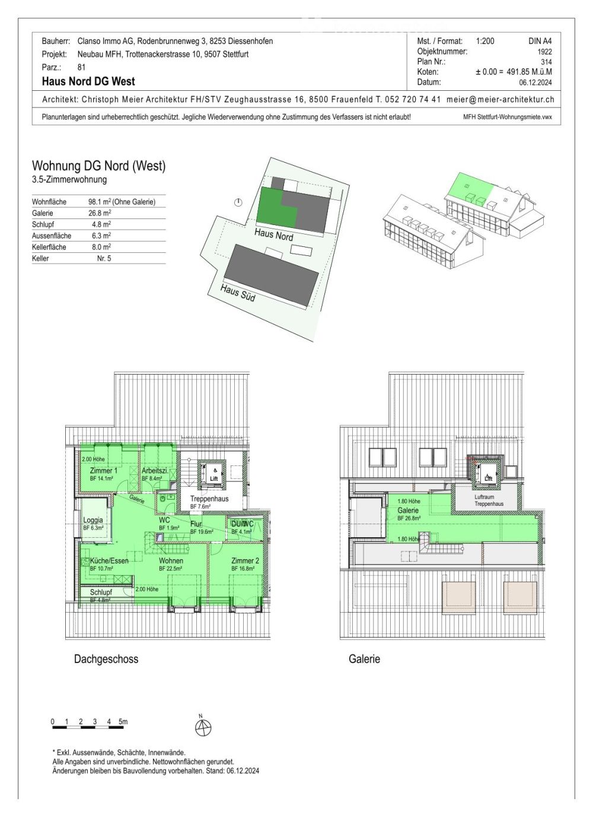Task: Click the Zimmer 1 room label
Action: point(103,471)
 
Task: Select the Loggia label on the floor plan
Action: point(93,521)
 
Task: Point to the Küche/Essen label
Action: point(109,561)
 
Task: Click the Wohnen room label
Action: point(171,561)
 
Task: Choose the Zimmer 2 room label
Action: point(245,561)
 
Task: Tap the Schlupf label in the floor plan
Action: point(101,592)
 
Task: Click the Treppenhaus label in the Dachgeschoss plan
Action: point(209,499)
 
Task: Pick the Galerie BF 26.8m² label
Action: point(408,511)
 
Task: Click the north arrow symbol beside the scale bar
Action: point(203,727)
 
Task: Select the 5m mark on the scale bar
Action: point(123,722)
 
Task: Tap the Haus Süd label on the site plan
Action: point(238,293)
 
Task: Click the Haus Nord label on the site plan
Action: point(274,234)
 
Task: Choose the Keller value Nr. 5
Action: point(104,258)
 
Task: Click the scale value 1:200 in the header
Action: point(484,41)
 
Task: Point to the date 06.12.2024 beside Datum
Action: point(535,83)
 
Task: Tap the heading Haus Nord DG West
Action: point(88,81)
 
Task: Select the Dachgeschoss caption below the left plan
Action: point(106,659)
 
